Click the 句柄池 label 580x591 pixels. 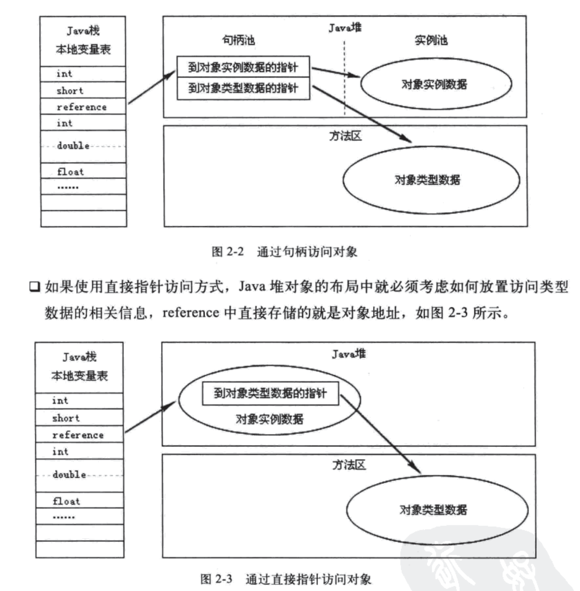tap(238, 40)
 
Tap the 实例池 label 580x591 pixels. tap(431, 40)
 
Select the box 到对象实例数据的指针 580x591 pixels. tap(243, 67)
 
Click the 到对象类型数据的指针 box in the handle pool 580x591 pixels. tap(243, 88)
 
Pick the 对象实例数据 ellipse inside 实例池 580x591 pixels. tap(435, 84)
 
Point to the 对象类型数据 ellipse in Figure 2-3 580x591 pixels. tap(436, 510)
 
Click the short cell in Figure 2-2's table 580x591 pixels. tap(83, 90)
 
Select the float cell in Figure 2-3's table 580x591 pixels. tap(79, 501)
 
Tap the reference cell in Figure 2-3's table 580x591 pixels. tap(79, 435)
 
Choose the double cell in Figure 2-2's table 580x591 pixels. tap(83, 146)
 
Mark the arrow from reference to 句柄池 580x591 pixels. tap(151, 87)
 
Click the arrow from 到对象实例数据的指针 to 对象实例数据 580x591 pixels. tap(335, 72)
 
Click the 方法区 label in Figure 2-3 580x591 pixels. tap(349, 465)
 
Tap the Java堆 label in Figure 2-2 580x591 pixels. tap(345, 28)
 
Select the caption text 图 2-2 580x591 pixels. tap(228, 252)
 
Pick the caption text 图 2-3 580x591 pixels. tap(216, 579)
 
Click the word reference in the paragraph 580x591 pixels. tap(190, 313)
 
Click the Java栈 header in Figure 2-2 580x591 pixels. tap(83, 31)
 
